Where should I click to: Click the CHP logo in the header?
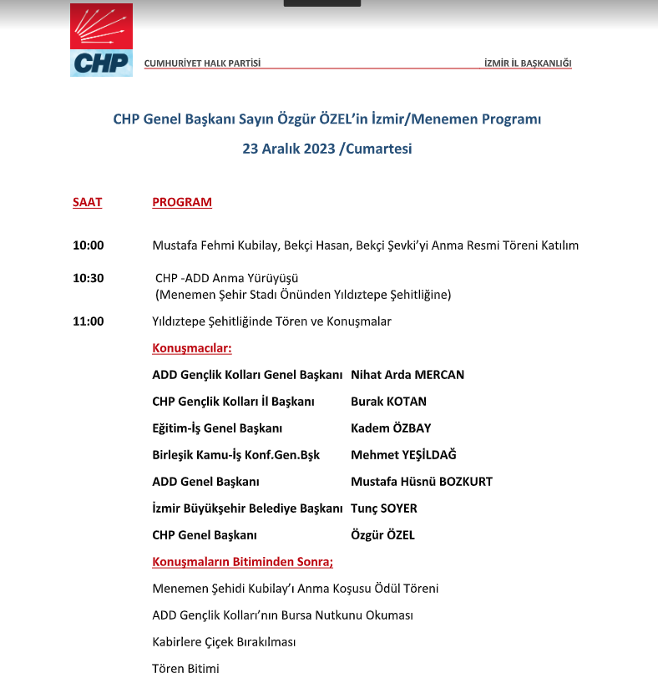click(x=101, y=40)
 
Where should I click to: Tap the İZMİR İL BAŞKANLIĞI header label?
click(x=528, y=63)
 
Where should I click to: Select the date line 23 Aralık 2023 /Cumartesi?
click(x=327, y=149)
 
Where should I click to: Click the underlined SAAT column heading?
click(x=88, y=202)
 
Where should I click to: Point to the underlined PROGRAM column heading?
click(x=182, y=202)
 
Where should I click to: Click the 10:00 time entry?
click(x=89, y=245)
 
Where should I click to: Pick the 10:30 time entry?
click(x=89, y=278)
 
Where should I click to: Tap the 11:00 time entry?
click(x=89, y=321)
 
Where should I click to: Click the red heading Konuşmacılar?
click(x=192, y=347)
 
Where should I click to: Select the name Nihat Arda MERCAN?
click(x=407, y=375)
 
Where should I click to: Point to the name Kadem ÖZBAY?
click(x=391, y=428)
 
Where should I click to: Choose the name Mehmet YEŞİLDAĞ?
click(x=403, y=455)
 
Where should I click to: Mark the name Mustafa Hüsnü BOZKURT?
click(x=422, y=482)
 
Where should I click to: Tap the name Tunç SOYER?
click(x=384, y=508)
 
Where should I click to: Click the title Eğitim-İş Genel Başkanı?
click(x=217, y=428)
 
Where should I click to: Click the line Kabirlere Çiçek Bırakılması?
click(x=224, y=642)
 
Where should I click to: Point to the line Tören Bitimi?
click(x=185, y=668)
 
